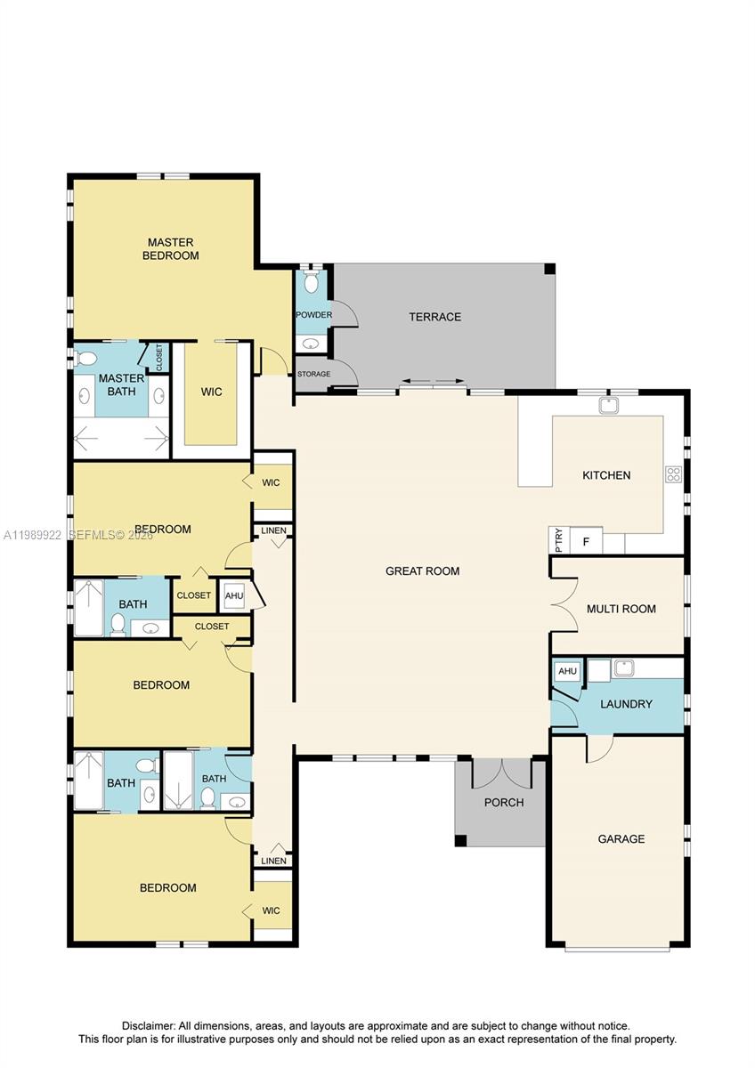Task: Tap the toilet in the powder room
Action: tap(311, 283)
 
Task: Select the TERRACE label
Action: tap(434, 317)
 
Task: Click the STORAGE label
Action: tap(313, 374)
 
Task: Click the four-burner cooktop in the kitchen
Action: tap(673, 474)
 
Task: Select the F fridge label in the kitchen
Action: tap(586, 541)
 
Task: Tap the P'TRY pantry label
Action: tap(558, 541)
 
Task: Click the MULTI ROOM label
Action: tap(621, 609)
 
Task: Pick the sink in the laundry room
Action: tap(623, 667)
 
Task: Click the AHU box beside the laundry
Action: tap(567, 672)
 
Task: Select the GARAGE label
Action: tap(621, 838)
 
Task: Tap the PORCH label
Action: tap(504, 802)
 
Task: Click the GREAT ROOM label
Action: tap(422, 570)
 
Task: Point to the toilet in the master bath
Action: tap(86, 359)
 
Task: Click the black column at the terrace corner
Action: tap(549, 269)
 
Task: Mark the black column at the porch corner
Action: tap(460, 840)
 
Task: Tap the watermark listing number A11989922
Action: tap(34, 535)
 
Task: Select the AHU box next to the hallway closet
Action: tap(233, 596)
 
